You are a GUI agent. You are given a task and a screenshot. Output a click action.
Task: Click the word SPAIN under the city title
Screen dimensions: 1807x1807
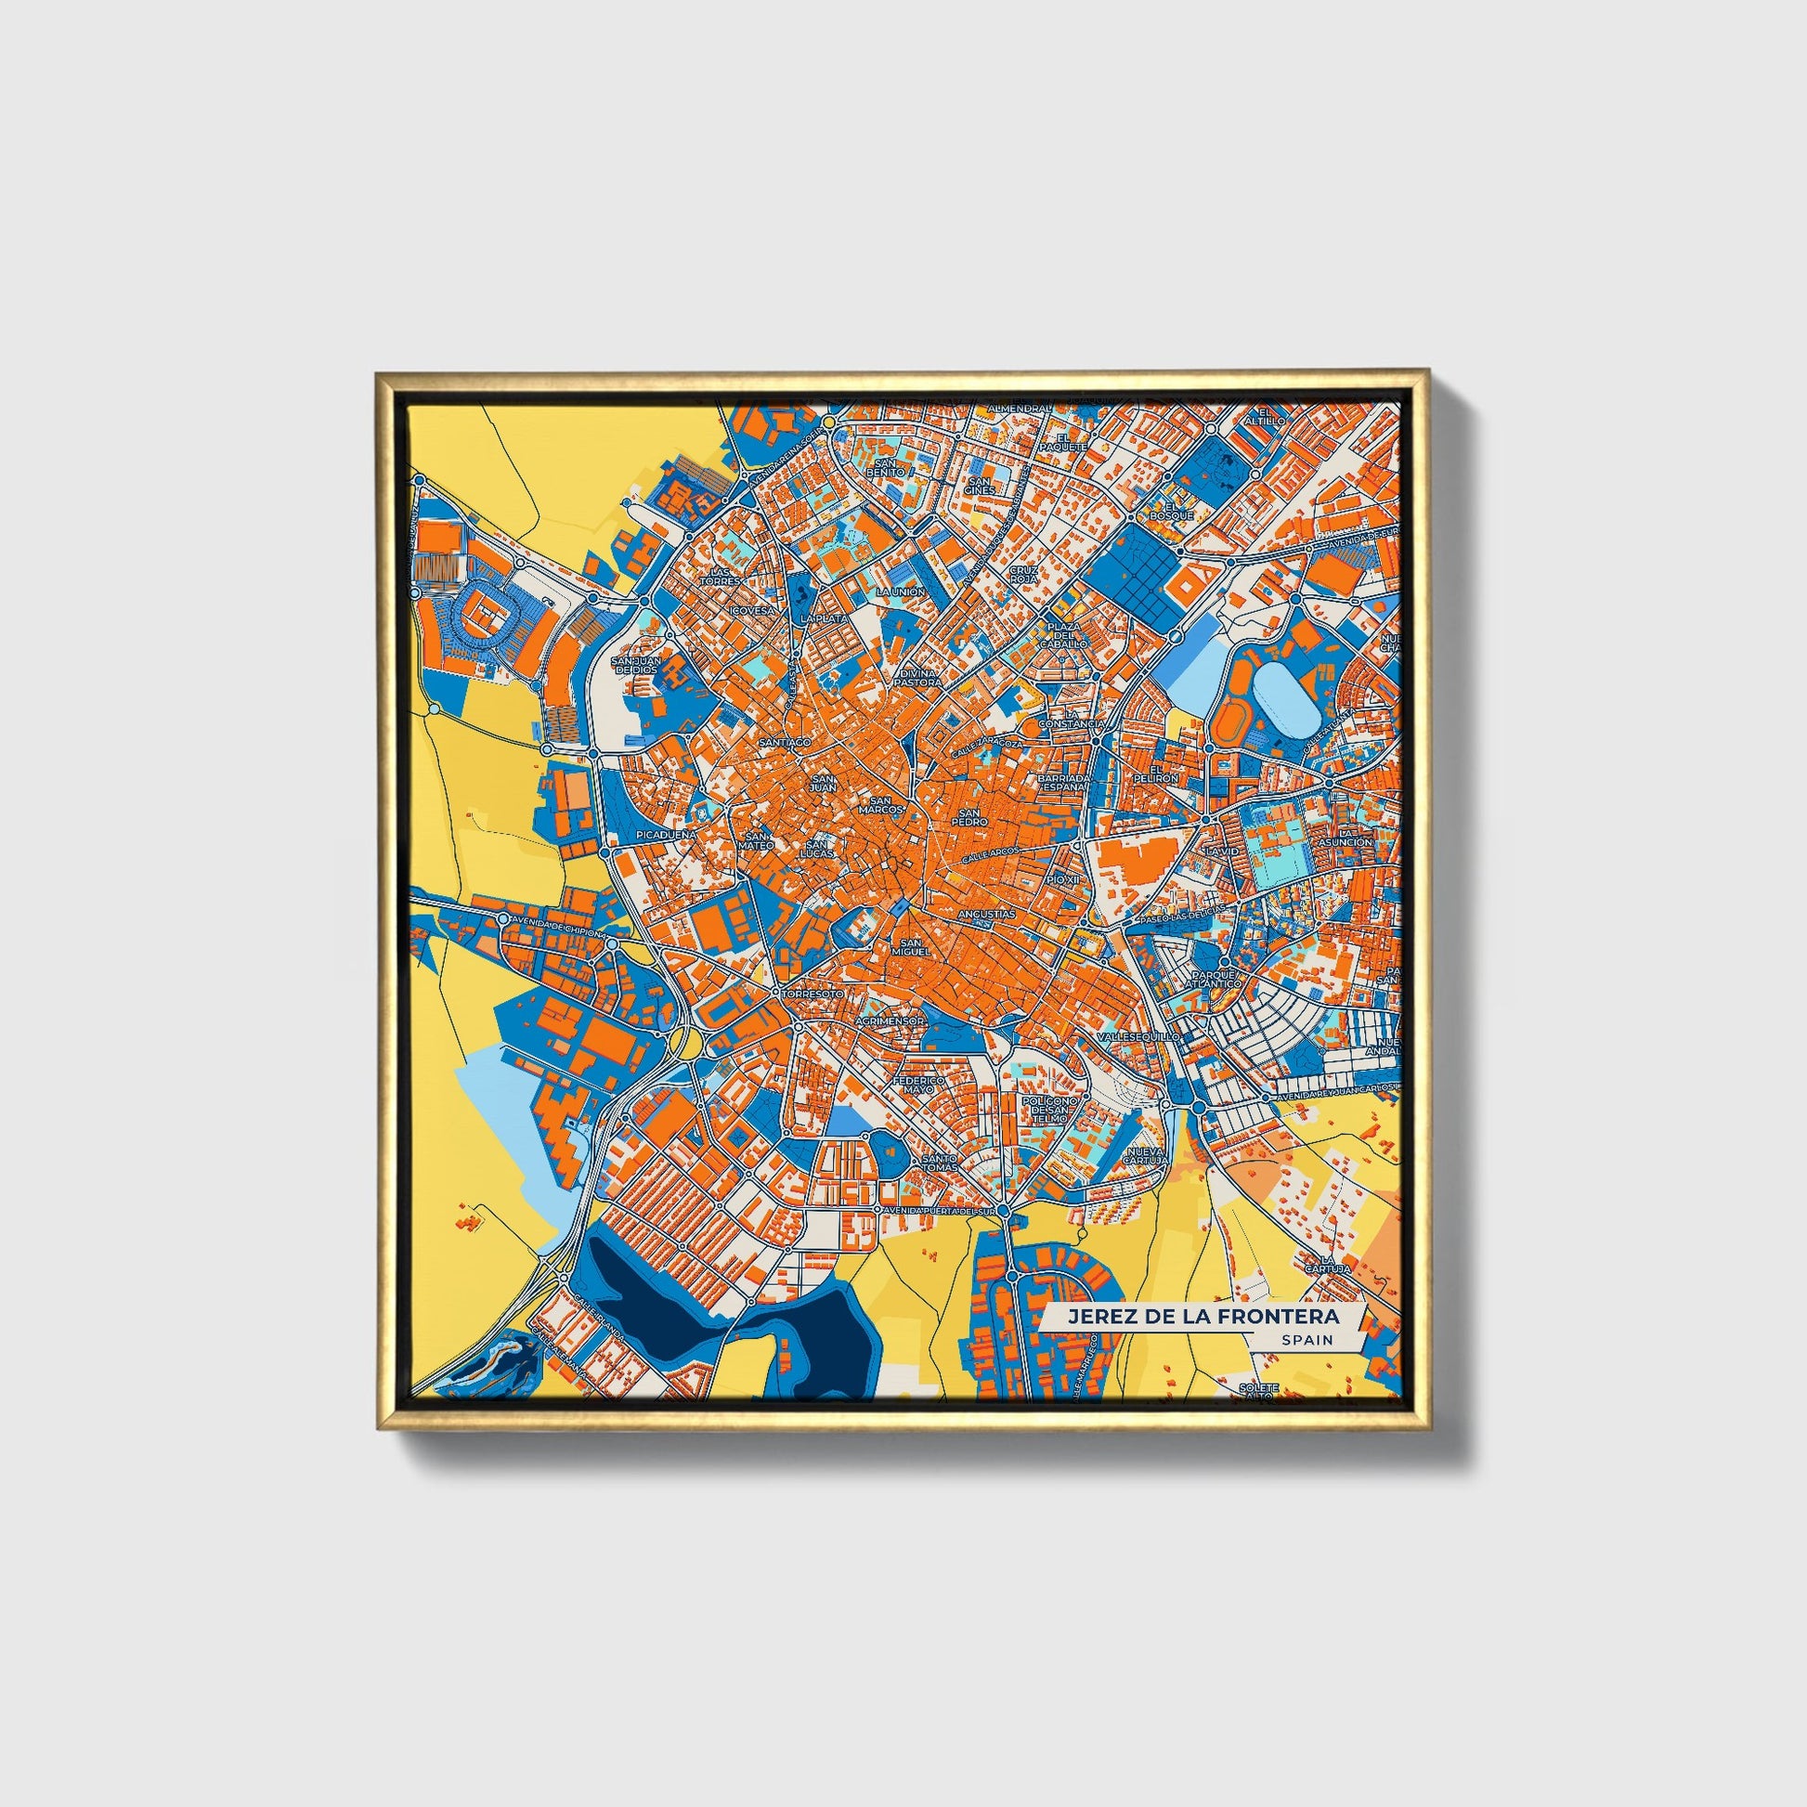click(x=1307, y=1340)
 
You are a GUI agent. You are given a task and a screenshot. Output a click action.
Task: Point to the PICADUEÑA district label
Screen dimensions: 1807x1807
click(x=665, y=831)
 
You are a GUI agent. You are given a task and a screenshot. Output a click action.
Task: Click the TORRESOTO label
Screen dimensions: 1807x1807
click(x=812, y=993)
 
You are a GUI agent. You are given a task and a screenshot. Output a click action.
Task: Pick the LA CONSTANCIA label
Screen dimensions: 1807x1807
click(x=1077, y=718)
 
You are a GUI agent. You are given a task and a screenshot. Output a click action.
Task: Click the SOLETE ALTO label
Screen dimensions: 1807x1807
click(x=1258, y=1393)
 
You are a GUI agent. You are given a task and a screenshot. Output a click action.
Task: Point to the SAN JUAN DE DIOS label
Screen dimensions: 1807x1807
click(x=636, y=664)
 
